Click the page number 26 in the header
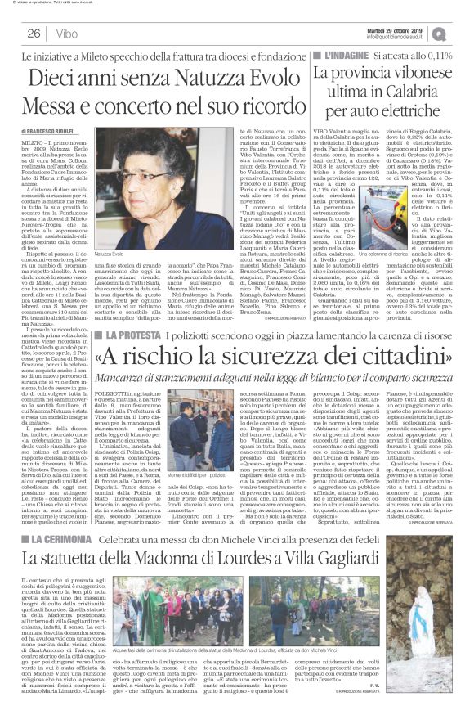[x=34, y=34]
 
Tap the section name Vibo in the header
[x=68, y=34]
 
